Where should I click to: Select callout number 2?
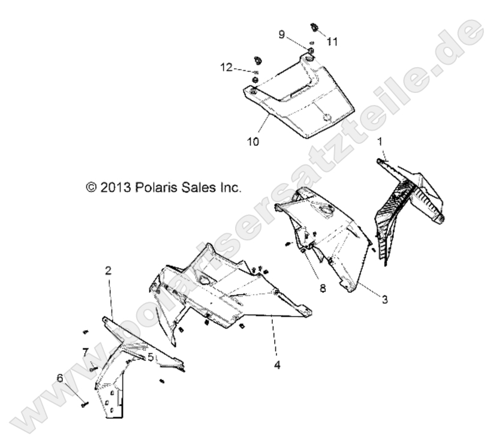pos(108,270)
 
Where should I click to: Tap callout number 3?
pos(384,299)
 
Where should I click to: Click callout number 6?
pos(59,378)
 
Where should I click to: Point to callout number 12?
pos(226,68)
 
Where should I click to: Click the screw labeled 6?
pos(82,405)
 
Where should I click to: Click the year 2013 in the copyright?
pos(113,188)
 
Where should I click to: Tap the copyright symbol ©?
pos(91,188)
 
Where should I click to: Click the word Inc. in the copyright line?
pos(229,188)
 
